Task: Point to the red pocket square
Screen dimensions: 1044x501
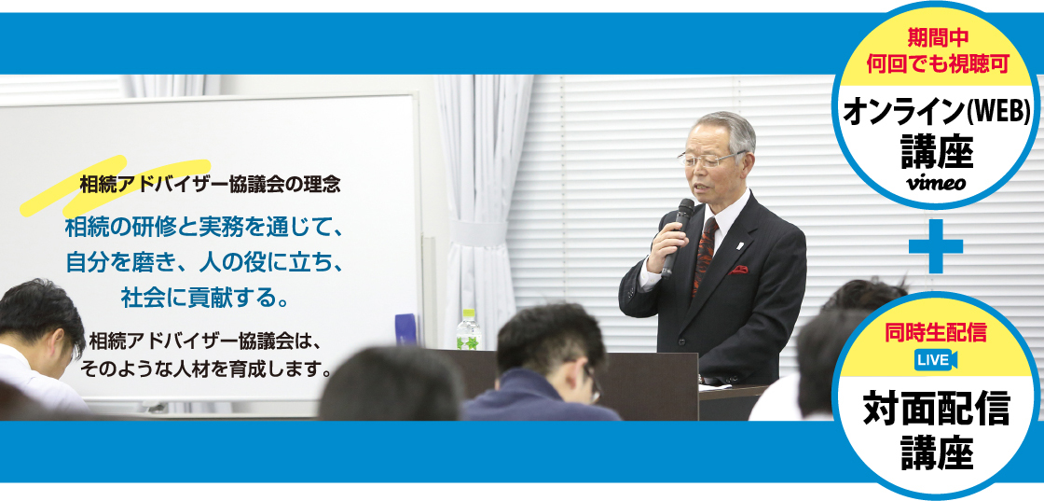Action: point(737,270)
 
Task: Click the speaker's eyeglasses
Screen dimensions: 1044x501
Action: point(709,159)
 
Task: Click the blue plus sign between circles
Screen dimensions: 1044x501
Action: point(936,246)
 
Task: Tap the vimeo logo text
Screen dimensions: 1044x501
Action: point(936,184)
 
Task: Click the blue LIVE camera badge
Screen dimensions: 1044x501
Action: point(936,360)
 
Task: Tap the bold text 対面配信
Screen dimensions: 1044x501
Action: point(936,409)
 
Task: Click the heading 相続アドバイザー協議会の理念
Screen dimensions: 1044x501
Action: point(210,185)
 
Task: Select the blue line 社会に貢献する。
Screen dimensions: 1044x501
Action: point(206,297)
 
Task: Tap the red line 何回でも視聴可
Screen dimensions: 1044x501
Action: point(936,63)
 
